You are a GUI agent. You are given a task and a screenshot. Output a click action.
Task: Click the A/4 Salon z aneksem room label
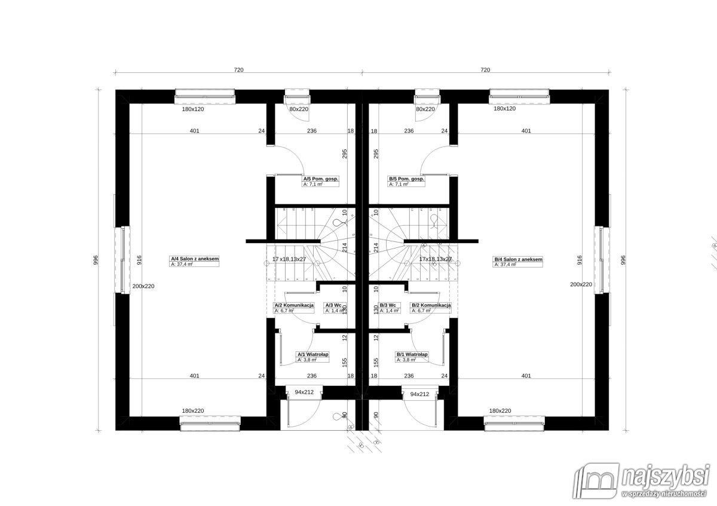(x=195, y=259)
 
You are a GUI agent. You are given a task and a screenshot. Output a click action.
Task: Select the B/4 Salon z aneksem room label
(x=517, y=259)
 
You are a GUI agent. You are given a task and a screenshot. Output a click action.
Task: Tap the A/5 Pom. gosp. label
(x=321, y=179)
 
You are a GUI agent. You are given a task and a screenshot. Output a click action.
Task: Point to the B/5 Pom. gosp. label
(x=406, y=179)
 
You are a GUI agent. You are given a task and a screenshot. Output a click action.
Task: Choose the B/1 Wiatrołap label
(x=412, y=354)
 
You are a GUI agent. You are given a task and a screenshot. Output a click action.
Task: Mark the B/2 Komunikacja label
(x=431, y=305)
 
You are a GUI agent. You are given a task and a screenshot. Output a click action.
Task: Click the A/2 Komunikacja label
(x=294, y=305)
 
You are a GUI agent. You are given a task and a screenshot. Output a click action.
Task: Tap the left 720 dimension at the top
(x=239, y=70)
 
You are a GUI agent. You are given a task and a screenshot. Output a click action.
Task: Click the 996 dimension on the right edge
(x=623, y=260)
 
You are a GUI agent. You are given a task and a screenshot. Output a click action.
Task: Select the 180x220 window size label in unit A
(x=193, y=411)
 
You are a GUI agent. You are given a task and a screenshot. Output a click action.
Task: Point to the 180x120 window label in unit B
(x=504, y=109)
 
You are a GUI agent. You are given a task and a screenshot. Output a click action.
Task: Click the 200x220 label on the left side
(x=143, y=286)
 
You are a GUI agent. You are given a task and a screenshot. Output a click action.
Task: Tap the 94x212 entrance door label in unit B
(x=419, y=394)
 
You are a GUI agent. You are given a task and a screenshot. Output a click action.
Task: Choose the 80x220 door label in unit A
(x=298, y=109)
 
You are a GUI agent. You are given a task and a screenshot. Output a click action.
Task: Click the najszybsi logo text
(x=663, y=477)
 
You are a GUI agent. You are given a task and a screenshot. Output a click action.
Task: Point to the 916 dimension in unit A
(x=139, y=259)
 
